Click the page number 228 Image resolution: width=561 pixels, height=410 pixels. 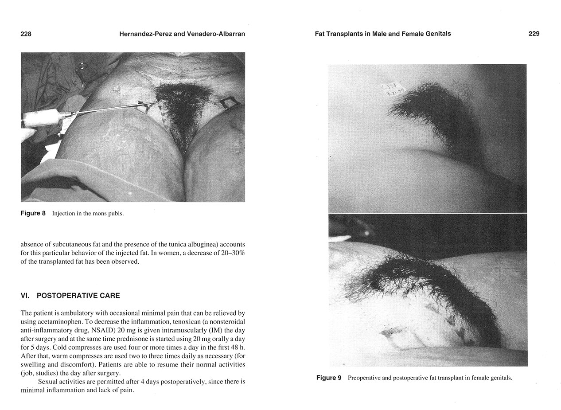[26, 34]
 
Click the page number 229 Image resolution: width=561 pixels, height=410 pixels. [534, 34]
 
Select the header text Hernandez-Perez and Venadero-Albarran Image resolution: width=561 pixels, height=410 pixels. [182, 34]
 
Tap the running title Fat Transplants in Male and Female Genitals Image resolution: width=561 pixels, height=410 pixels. [382, 34]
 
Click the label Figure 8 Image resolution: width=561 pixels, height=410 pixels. [33, 213]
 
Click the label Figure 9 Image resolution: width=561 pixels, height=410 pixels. [328, 378]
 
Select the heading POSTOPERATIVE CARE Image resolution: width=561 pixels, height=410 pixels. [78, 296]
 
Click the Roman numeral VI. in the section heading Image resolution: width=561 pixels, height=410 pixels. [25, 296]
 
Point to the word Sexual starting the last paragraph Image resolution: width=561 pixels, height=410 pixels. [48, 382]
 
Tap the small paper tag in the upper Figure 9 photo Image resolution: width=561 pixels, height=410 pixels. [393, 89]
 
